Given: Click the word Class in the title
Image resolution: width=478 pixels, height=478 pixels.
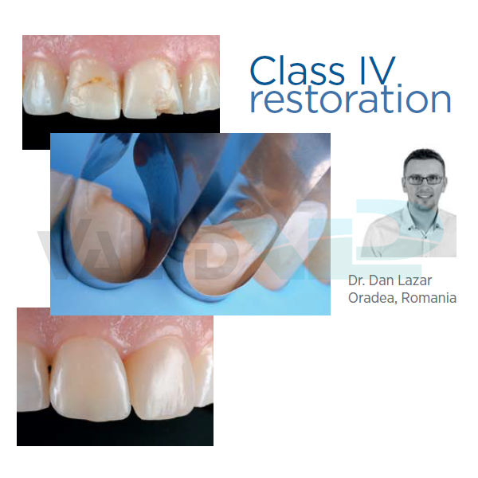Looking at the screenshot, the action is [x=297, y=71].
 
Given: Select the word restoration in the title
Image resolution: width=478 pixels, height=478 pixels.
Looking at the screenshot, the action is [x=351, y=98].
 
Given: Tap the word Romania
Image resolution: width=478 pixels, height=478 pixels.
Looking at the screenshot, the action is [x=429, y=298].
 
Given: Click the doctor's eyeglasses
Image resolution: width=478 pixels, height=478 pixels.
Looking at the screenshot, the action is [x=425, y=180].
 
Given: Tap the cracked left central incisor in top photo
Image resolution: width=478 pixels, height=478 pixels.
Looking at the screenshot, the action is [x=92, y=89].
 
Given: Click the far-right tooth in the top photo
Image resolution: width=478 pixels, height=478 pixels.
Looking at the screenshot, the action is [x=202, y=88].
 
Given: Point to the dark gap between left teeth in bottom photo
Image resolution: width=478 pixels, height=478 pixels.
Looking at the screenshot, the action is [x=49, y=370].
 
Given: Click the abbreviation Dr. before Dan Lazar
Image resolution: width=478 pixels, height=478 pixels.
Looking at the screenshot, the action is [x=357, y=280].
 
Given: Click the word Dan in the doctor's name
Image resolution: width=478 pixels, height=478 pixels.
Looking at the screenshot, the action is [x=378, y=280].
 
